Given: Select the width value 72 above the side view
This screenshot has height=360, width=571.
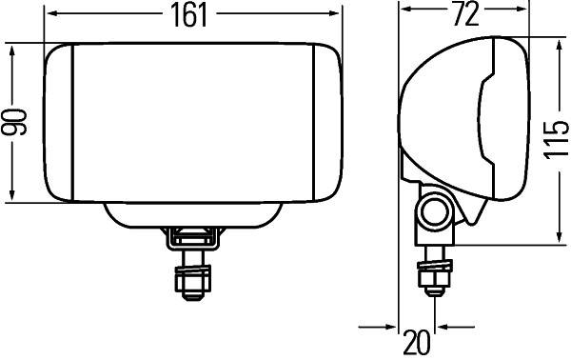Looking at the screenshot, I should tap(463, 14).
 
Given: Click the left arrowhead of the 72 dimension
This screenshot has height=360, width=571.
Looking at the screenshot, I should tap(405, 11).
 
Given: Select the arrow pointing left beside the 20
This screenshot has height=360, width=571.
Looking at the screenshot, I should tap(445, 328).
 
